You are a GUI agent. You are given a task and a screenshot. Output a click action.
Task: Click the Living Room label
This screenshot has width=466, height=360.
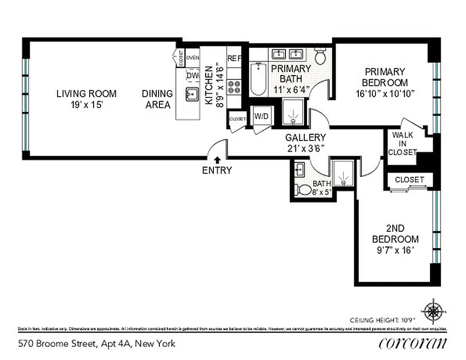click(86, 94)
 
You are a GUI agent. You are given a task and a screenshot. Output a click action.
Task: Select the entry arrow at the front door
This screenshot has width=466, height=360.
click(217, 159)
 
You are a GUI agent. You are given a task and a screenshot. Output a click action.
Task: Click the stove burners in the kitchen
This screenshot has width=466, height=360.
click(234, 87)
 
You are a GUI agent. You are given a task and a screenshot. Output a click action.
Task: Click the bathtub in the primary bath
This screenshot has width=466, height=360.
click(258, 79)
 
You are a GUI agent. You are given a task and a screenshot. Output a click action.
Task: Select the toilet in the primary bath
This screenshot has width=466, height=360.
click(321, 56)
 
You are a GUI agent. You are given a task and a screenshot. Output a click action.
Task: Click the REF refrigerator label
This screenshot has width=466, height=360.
click(234, 58)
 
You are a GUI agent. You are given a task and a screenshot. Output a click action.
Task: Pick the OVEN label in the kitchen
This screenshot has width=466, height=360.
click(193, 58)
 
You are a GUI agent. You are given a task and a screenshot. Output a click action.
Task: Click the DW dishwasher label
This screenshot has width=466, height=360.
click(193, 76)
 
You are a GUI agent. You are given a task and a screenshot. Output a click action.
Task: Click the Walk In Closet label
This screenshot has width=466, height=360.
click(404, 144)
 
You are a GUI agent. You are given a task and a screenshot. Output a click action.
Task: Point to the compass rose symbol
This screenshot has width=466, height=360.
click(434, 311)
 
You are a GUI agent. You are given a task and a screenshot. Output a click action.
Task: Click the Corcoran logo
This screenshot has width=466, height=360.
click(413, 343)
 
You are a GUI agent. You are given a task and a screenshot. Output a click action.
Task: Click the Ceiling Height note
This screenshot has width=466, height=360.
click(380, 320)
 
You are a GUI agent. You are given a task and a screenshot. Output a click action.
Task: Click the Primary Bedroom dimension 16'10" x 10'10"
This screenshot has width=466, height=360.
click(385, 94)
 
